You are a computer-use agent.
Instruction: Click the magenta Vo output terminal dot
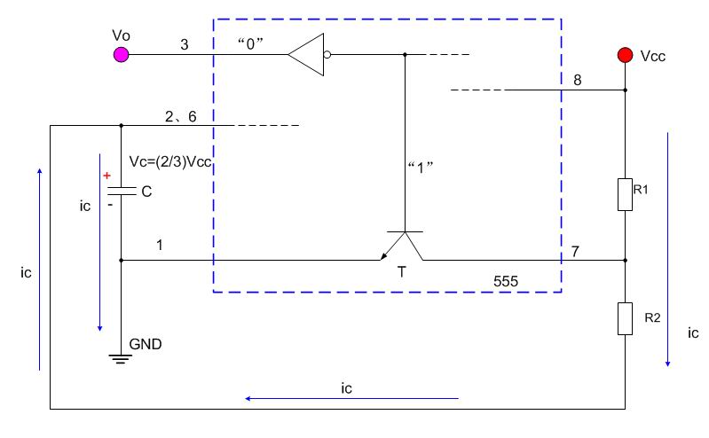pyautogui.click(x=122, y=55)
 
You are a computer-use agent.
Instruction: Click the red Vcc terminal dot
pyautogui.click(x=626, y=55)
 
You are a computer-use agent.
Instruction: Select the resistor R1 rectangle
pyautogui.click(x=626, y=195)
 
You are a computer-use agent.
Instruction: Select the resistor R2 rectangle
pyautogui.click(x=626, y=318)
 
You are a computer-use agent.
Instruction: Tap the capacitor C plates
pyautogui.click(x=122, y=191)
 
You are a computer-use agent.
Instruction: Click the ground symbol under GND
pyautogui.click(x=121, y=359)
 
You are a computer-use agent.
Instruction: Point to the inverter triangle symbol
pyautogui.click(x=306, y=55)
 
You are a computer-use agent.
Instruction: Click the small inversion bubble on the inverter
pyautogui.click(x=327, y=55)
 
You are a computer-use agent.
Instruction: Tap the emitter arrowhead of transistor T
pyautogui.click(x=383, y=257)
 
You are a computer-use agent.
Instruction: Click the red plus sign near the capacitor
pyautogui.click(x=106, y=176)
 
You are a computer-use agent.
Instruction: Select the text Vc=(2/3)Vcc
pyautogui.click(x=170, y=162)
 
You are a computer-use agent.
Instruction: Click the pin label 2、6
pyautogui.click(x=180, y=117)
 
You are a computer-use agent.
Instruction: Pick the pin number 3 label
pyautogui.click(x=185, y=44)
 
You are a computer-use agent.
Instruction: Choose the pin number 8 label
pyautogui.click(x=578, y=80)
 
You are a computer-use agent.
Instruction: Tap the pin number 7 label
pyautogui.click(x=575, y=251)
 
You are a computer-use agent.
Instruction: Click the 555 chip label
pyautogui.click(x=506, y=282)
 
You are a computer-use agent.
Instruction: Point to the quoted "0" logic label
pyautogui.click(x=250, y=43)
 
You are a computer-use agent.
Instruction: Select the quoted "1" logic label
pyautogui.click(x=420, y=168)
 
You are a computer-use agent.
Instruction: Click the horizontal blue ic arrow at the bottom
pyautogui.click(x=351, y=399)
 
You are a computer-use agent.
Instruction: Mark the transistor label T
pyautogui.click(x=401, y=272)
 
